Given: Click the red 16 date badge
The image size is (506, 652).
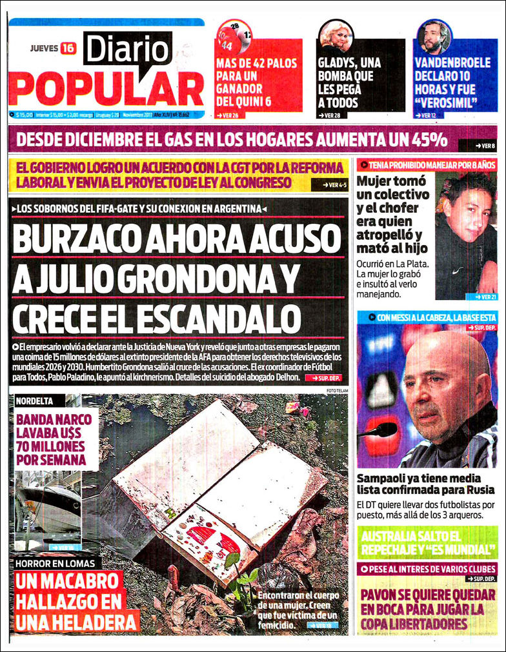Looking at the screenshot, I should point(68,48).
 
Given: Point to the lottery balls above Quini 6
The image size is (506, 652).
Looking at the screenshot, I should point(235,37).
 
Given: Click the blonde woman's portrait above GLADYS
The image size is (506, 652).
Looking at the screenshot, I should point(336,37).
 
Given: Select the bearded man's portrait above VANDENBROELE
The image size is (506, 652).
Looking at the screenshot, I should point(434,37).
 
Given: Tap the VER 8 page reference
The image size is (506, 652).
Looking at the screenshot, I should point(485,146).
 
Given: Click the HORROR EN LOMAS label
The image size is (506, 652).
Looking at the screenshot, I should point(57,563).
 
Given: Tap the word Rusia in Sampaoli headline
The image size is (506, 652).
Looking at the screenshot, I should point(464,489).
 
